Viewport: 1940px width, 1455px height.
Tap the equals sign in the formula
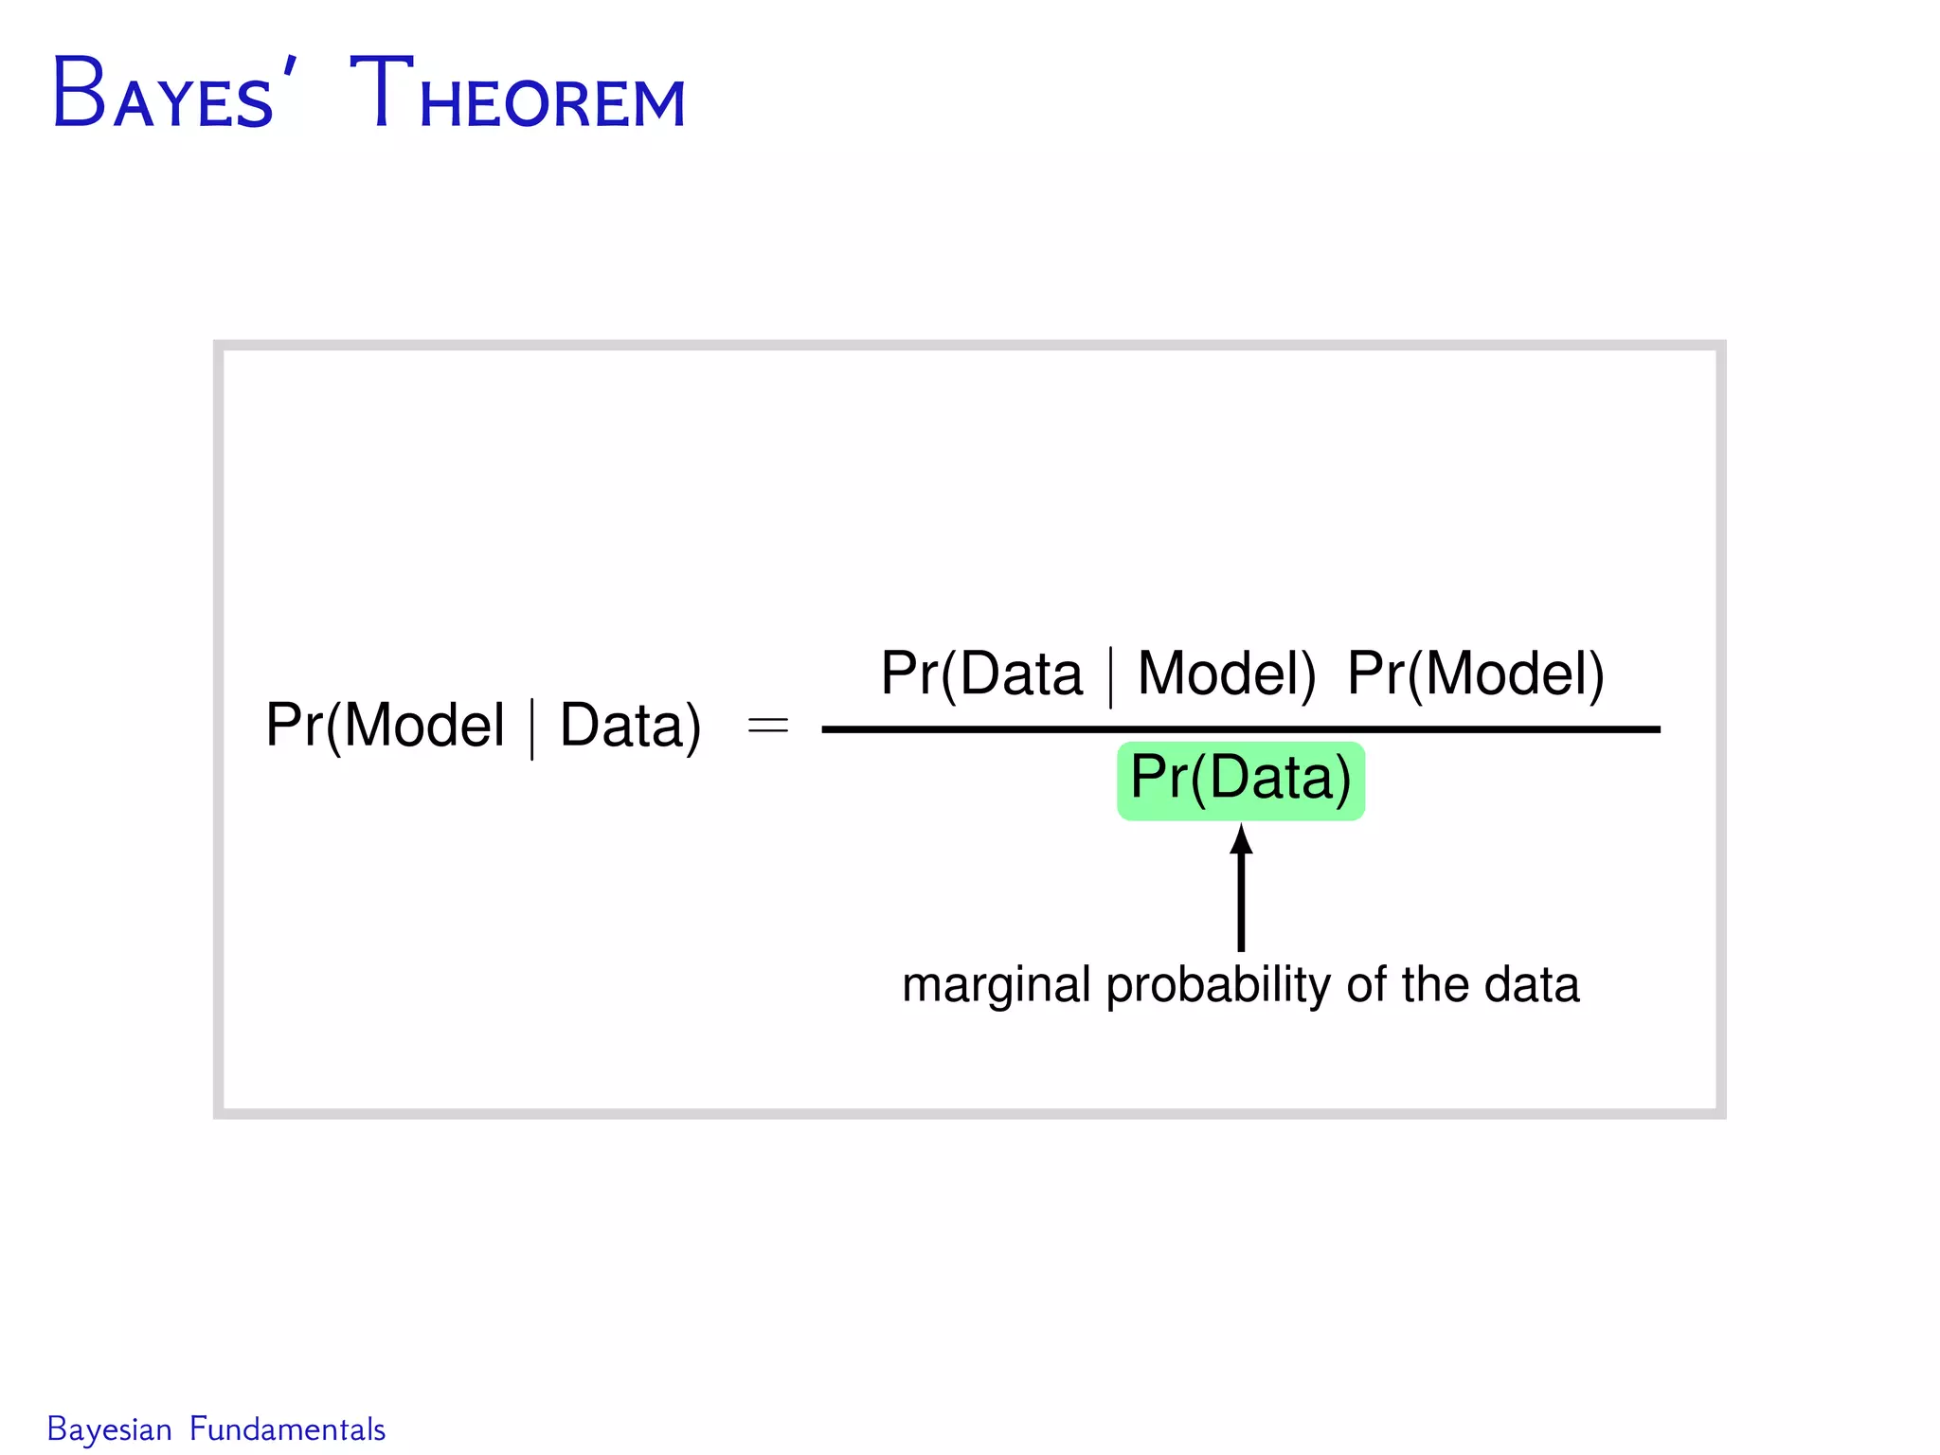(767, 727)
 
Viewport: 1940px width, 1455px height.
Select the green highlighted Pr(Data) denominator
(1240, 780)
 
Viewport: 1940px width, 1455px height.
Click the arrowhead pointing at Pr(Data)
(1241, 839)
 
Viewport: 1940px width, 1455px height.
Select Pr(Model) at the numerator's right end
(1475, 674)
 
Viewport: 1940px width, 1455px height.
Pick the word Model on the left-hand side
(424, 727)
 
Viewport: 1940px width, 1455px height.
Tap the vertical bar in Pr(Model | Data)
(532, 728)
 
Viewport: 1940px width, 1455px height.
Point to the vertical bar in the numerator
(1110, 676)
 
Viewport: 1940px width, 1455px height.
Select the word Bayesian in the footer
(109, 1428)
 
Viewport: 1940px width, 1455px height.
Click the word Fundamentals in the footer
(287, 1428)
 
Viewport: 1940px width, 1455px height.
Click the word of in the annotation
(1367, 985)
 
